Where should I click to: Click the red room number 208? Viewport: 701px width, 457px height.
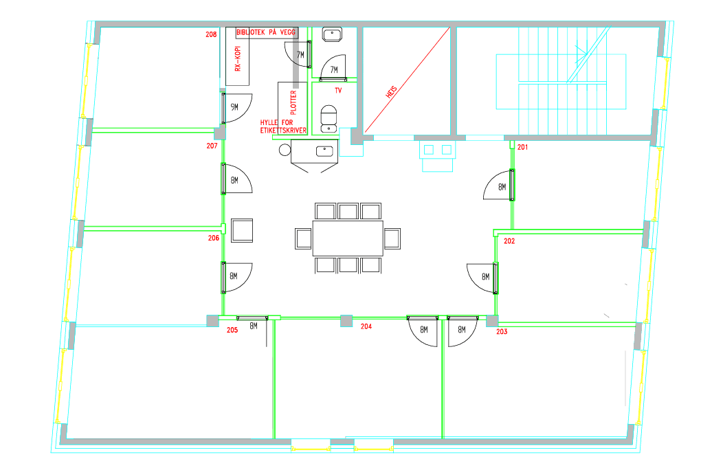(x=211, y=34)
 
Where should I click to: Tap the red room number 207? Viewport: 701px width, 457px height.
(x=212, y=146)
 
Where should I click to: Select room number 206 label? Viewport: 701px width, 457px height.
(x=214, y=238)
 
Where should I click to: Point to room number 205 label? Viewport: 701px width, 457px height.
(x=232, y=330)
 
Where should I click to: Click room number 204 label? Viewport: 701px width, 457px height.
(x=366, y=326)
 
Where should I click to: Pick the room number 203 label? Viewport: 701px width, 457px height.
(x=502, y=331)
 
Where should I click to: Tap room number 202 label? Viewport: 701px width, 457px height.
(x=509, y=241)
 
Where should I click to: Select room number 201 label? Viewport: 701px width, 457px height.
(x=522, y=147)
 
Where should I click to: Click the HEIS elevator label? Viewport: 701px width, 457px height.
(x=391, y=93)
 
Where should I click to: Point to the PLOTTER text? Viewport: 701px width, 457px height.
(x=293, y=102)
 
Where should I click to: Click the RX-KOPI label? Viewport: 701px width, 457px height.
(x=238, y=58)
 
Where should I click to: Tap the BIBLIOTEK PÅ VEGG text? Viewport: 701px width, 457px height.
(x=266, y=32)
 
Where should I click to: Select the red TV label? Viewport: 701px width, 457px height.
(x=338, y=90)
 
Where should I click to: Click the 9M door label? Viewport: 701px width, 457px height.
(x=234, y=107)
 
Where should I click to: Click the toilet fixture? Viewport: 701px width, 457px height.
(x=329, y=119)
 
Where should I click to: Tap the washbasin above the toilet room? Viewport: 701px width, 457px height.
(x=332, y=35)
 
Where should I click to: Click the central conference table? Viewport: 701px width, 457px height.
(x=348, y=238)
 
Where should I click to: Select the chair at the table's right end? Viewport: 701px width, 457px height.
(x=392, y=238)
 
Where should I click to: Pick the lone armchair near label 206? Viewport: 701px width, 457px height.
(x=242, y=230)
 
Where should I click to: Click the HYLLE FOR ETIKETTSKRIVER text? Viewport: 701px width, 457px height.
(x=283, y=126)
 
